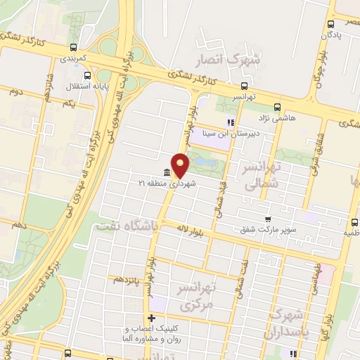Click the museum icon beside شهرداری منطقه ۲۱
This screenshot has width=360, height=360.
(166, 173)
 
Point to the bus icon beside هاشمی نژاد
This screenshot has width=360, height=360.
(276, 108)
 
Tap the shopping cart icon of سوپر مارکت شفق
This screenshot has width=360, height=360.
(267, 219)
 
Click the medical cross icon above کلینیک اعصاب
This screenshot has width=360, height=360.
(151, 318)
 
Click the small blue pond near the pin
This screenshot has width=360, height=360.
(204, 162)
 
